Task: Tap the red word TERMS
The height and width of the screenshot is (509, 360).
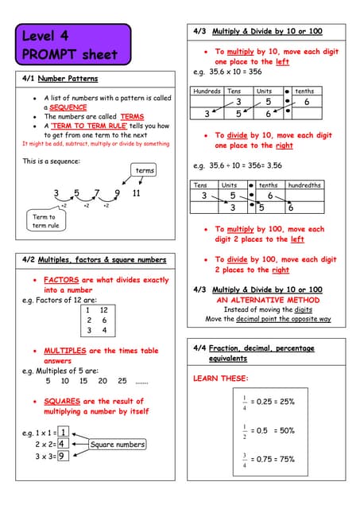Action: click(132, 116)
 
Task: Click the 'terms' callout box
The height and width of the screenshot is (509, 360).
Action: click(145, 170)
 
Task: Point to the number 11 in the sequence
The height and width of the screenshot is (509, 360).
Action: click(136, 192)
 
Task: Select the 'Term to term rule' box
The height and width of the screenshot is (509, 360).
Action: click(45, 221)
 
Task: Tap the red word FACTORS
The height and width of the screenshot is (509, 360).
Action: click(61, 280)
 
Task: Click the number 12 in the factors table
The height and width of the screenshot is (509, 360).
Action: click(104, 310)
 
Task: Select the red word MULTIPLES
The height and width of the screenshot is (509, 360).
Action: click(65, 351)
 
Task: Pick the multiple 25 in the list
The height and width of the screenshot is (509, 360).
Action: click(122, 380)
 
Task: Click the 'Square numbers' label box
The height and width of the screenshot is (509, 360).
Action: click(117, 445)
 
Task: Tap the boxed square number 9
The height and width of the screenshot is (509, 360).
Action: click(61, 456)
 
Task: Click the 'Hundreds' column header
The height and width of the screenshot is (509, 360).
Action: click(207, 91)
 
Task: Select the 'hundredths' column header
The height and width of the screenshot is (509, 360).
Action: click(304, 185)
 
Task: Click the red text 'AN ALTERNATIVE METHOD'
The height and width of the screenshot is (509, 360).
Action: click(267, 300)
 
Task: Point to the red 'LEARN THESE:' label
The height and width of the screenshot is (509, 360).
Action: click(221, 379)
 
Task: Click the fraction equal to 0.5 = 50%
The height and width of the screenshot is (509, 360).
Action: click(246, 430)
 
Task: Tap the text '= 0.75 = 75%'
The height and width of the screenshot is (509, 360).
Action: click(273, 459)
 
